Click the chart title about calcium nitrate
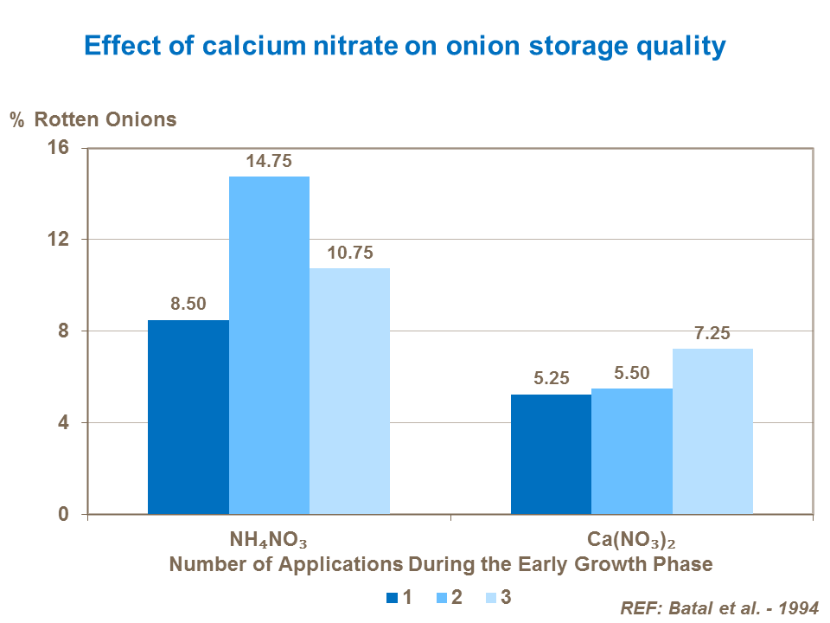click(403, 46)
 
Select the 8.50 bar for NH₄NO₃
click(188, 417)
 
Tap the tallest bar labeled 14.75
click(269, 345)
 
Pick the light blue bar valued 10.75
click(349, 391)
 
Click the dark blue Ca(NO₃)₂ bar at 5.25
click(551, 454)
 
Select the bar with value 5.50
click(632, 451)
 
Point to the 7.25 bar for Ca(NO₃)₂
click(712, 431)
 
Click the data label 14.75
click(269, 162)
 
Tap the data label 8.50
click(188, 305)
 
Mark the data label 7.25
click(712, 333)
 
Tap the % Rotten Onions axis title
click(93, 119)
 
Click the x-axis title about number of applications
click(441, 564)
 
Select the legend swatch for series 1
click(392, 596)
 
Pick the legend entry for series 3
click(498, 596)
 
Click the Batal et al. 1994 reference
click(718, 607)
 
